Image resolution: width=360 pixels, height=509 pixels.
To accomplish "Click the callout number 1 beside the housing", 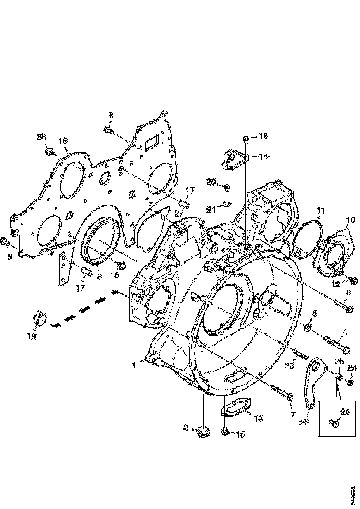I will point(133,365).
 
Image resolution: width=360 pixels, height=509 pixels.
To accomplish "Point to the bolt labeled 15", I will point(225,432).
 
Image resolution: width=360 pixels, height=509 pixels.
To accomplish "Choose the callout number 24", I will point(353,368).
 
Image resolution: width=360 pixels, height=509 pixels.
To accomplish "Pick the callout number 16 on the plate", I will point(63,141).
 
